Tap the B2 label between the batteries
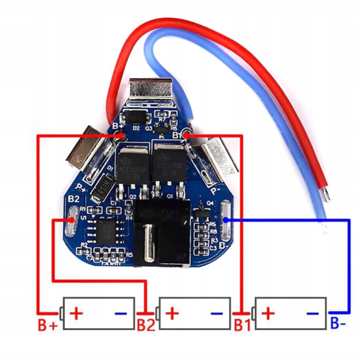pyautogui.click(x=146, y=325)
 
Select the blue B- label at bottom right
pyautogui.click(x=338, y=323)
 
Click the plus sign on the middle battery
pyautogui.click(x=173, y=313)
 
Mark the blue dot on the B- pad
pyautogui.click(x=226, y=220)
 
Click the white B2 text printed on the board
pyautogui.click(x=73, y=198)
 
